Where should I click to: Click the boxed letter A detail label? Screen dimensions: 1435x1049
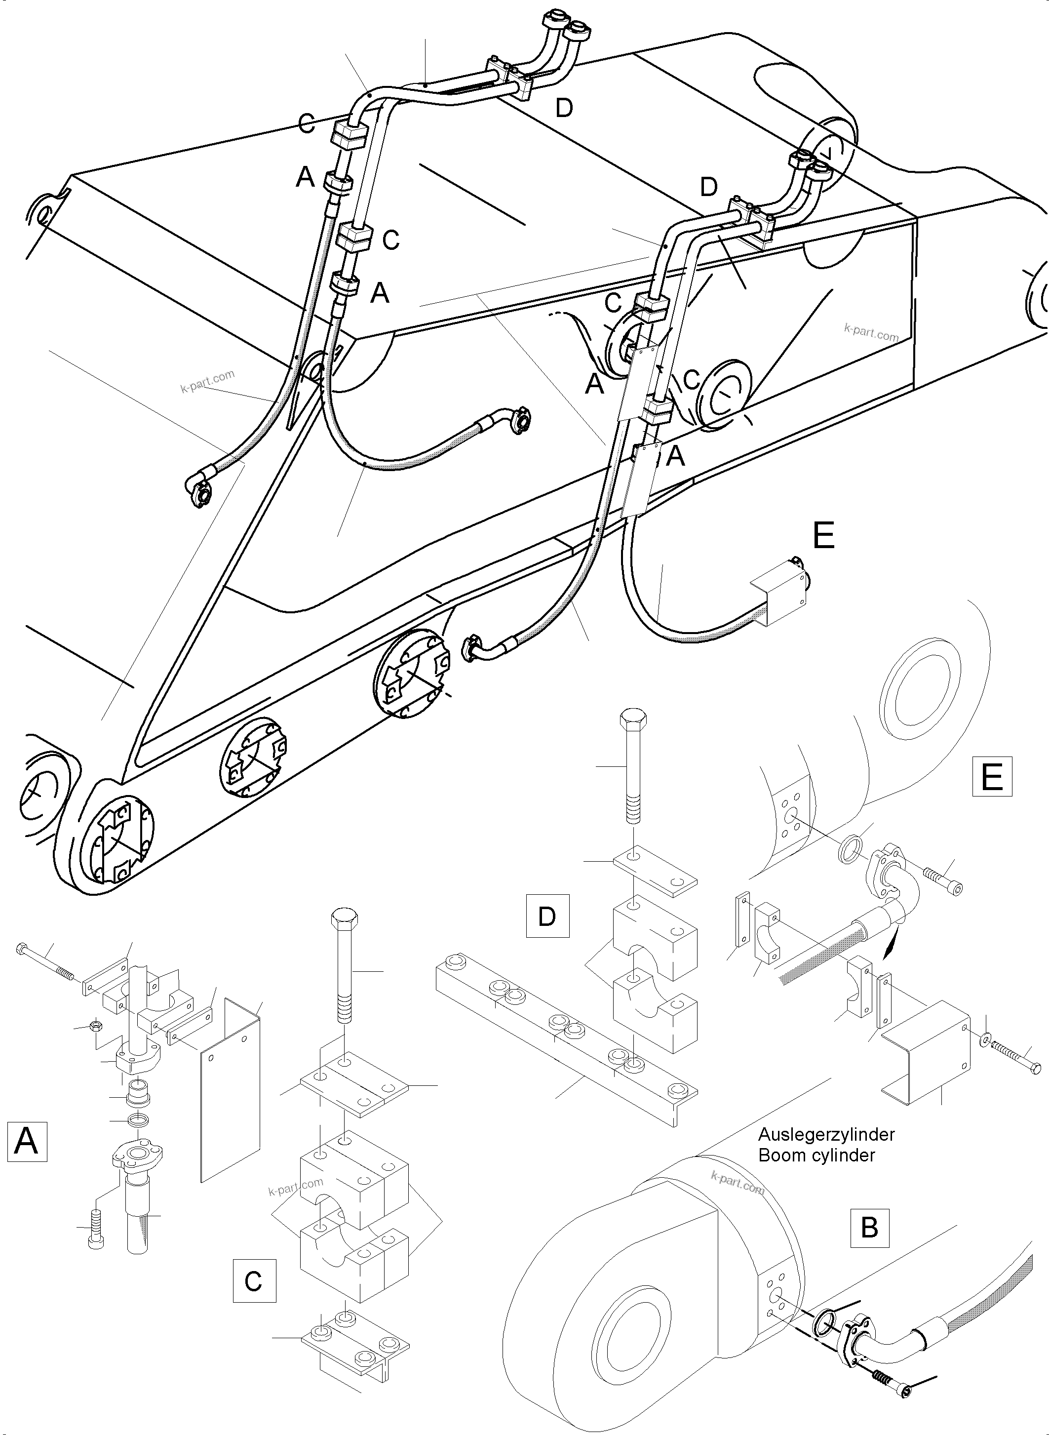[27, 1142]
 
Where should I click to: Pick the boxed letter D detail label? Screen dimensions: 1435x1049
[547, 916]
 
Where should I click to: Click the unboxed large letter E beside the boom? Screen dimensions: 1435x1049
[823, 536]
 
